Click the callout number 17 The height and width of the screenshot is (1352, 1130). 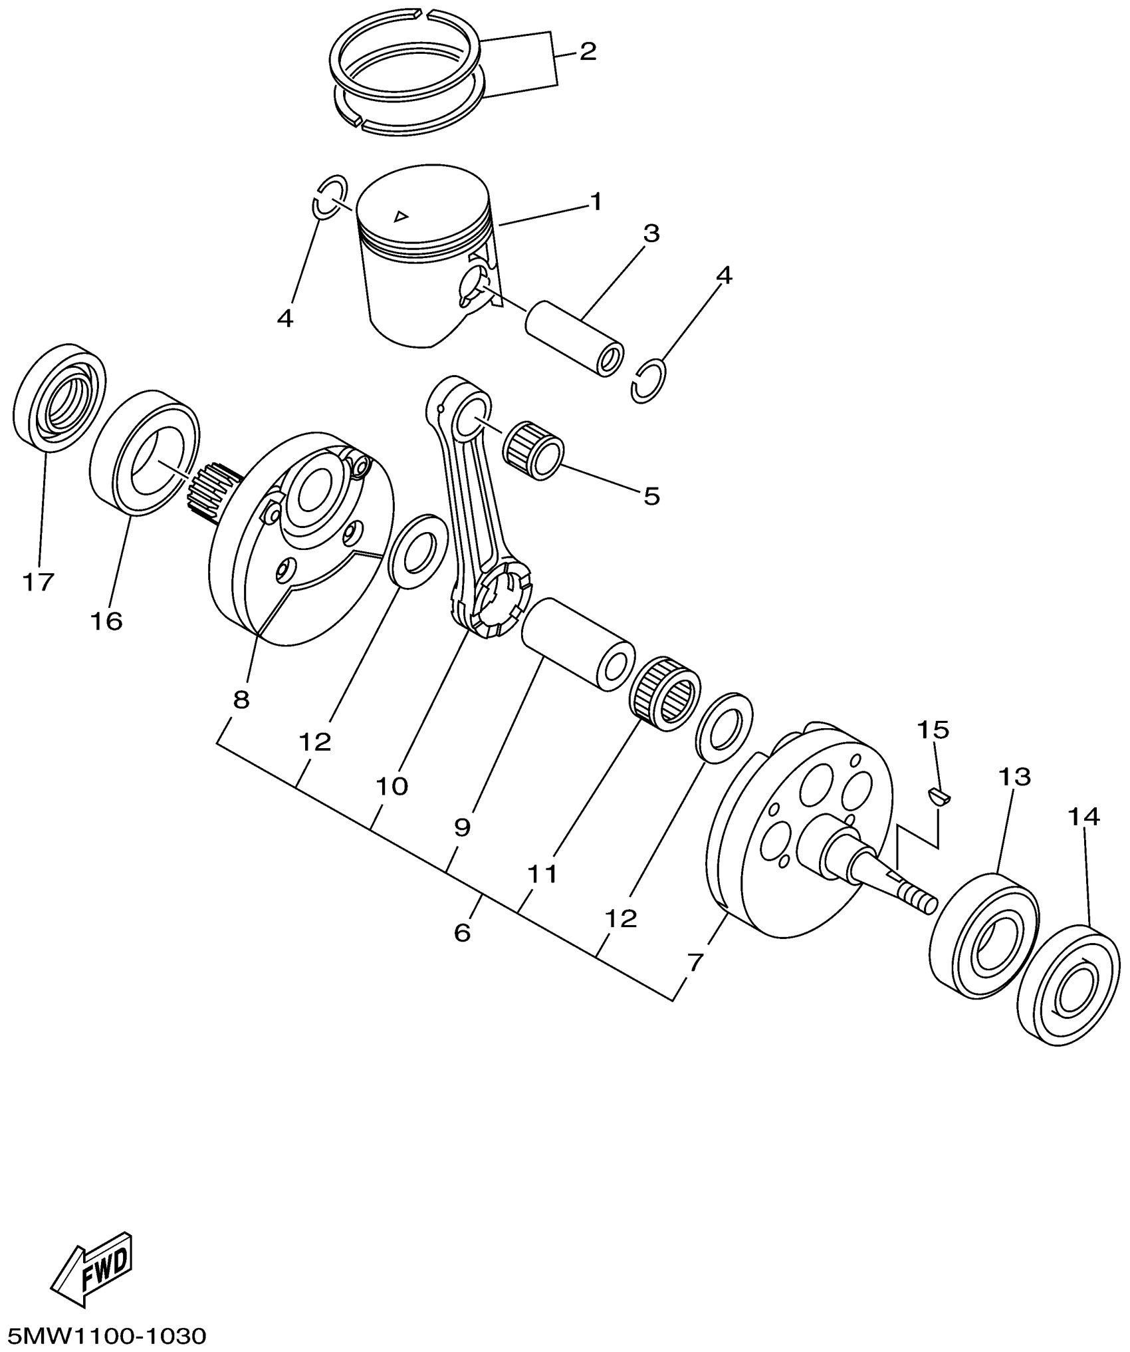point(38,582)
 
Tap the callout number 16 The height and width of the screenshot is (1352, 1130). point(107,621)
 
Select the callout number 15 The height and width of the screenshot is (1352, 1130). point(933,730)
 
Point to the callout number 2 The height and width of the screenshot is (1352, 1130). point(588,51)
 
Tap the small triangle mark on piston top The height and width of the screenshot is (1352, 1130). point(400,215)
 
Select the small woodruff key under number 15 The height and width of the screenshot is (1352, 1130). point(939,795)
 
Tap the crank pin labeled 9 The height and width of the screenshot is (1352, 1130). point(577,644)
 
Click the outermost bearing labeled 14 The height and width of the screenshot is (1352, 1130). point(1068,993)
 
